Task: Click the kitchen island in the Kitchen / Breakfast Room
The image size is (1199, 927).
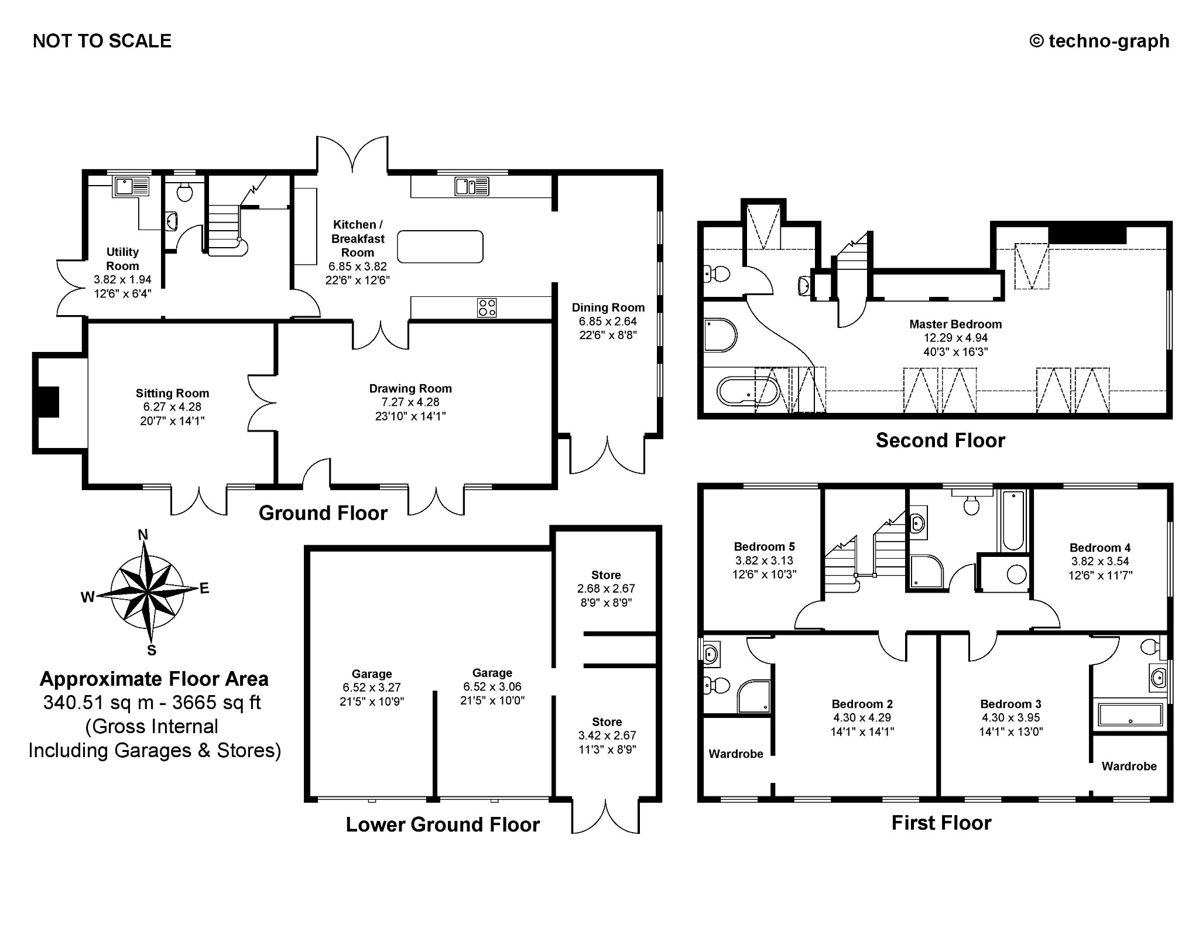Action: [x=440, y=247]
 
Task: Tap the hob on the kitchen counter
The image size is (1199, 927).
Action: [x=487, y=307]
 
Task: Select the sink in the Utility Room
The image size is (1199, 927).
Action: [x=132, y=187]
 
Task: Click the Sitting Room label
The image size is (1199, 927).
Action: [x=172, y=394]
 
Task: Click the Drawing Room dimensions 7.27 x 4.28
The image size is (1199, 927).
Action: [x=410, y=402]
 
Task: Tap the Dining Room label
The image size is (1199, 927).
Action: [x=608, y=307]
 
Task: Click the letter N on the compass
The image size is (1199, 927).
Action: [x=142, y=534]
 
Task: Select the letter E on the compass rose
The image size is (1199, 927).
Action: [x=204, y=589]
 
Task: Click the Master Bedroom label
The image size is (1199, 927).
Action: [x=955, y=324]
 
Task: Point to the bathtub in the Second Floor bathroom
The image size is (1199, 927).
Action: [x=748, y=391]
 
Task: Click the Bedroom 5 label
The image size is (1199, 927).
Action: [x=764, y=546]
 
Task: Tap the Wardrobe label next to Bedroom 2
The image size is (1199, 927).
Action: [x=735, y=754]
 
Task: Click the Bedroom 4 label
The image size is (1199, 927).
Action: [x=1099, y=548]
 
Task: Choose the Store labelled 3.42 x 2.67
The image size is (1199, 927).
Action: [x=607, y=735]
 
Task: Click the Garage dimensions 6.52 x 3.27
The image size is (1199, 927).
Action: [x=372, y=687]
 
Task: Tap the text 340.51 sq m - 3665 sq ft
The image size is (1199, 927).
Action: [x=152, y=702]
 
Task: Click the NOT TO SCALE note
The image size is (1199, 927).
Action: [x=102, y=41]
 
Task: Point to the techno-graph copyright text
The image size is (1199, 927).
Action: [x=1099, y=41]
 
